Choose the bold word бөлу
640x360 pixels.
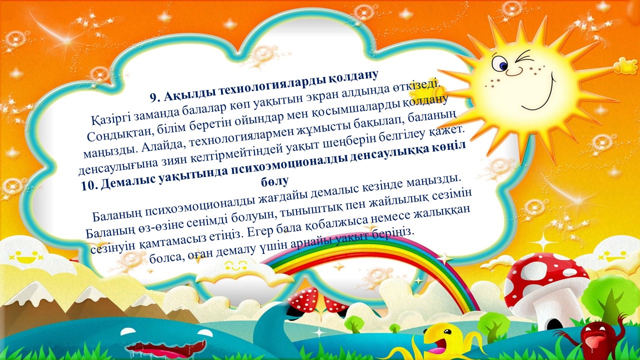click(274, 181)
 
